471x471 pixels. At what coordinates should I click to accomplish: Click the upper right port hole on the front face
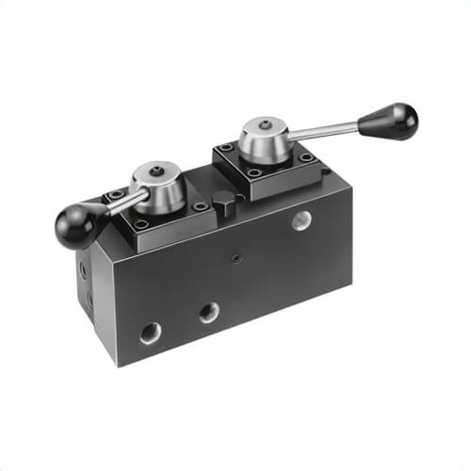point(300,221)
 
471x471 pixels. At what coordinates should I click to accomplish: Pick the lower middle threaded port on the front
point(209,312)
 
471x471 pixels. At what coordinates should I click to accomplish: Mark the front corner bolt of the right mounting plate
point(254,172)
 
